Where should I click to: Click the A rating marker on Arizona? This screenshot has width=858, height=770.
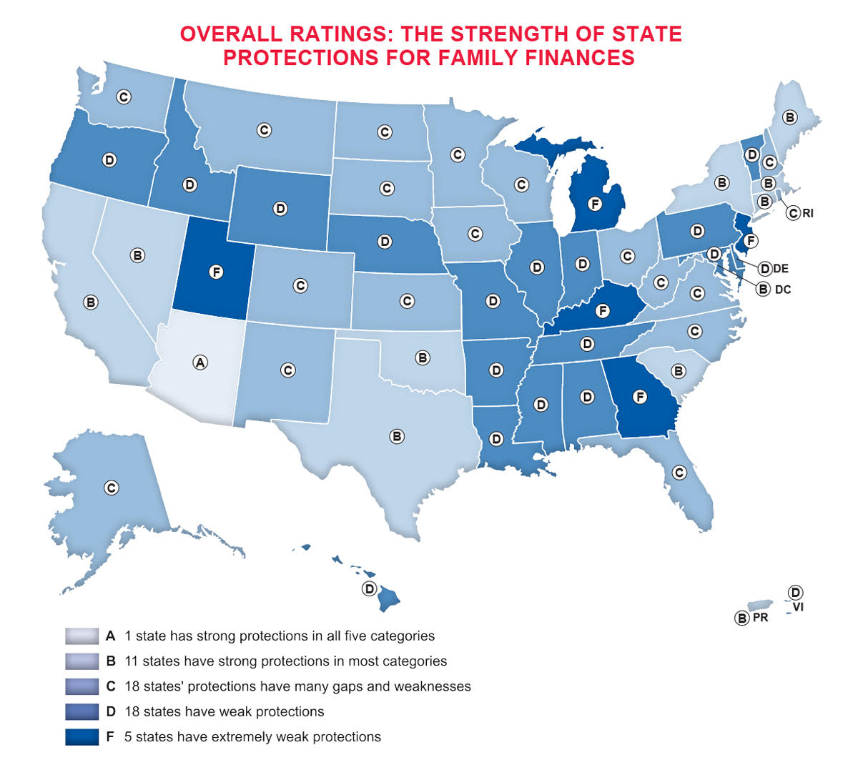tap(200, 362)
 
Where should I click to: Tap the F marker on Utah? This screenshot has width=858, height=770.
tap(217, 272)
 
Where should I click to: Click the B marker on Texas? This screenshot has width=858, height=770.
tap(397, 436)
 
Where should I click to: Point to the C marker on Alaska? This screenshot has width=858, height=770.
tap(111, 488)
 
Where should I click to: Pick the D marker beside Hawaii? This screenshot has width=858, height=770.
tap(369, 588)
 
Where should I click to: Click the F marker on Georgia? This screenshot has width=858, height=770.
tap(640, 396)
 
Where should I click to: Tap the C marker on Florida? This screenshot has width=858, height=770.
tap(679, 473)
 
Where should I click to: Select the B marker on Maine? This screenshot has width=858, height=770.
tap(789, 117)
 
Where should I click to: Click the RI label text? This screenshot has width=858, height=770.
tap(808, 213)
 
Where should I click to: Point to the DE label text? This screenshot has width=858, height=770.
tap(781, 269)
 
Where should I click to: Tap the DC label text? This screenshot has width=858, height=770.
tap(783, 290)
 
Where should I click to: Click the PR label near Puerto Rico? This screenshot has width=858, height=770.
tap(760, 617)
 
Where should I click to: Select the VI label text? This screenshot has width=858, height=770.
tap(799, 607)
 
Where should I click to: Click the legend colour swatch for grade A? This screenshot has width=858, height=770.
tap(82, 636)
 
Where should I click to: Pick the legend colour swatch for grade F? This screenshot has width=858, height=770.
tap(82, 736)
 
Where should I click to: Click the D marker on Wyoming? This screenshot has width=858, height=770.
tap(280, 209)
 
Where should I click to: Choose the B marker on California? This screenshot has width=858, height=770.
tap(91, 302)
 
